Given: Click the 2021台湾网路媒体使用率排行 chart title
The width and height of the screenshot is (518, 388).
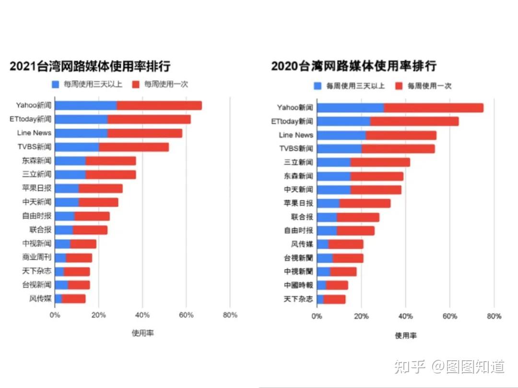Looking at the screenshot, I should [x=90, y=66].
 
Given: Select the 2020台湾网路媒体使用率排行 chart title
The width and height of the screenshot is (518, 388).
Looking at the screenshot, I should [x=353, y=66].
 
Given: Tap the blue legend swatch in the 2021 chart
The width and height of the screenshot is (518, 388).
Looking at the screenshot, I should [x=56, y=84].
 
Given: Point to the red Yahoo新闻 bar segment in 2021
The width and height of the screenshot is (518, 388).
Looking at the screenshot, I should [x=159, y=106].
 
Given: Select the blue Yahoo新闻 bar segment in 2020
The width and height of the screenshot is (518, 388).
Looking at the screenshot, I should [x=350, y=108].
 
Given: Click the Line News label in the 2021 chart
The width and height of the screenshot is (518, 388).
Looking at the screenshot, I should [x=34, y=133].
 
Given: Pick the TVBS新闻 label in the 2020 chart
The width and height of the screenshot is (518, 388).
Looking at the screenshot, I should [x=296, y=149].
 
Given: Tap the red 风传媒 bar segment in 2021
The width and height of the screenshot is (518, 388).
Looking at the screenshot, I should [x=73, y=299].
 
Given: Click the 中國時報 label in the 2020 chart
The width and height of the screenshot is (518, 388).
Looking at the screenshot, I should [x=298, y=285].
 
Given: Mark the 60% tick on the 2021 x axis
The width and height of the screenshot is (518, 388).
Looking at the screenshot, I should [x=186, y=315].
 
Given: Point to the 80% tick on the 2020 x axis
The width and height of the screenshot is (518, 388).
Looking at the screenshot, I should [x=494, y=317].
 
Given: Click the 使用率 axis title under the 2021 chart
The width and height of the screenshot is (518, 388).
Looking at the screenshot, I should [x=142, y=333].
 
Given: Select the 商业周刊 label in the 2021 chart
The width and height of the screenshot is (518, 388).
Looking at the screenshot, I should [x=36, y=257].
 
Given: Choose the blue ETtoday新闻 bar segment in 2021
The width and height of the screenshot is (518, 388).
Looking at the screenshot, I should [x=81, y=119].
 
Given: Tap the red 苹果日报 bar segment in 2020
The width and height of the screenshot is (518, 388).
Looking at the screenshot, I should [x=365, y=203].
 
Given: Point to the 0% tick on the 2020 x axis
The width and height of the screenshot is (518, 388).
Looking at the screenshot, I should [x=317, y=317].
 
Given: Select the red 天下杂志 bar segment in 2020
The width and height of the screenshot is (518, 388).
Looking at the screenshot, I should [x=334, y=299].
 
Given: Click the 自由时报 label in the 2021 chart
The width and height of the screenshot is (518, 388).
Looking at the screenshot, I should [x=36, y=216].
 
